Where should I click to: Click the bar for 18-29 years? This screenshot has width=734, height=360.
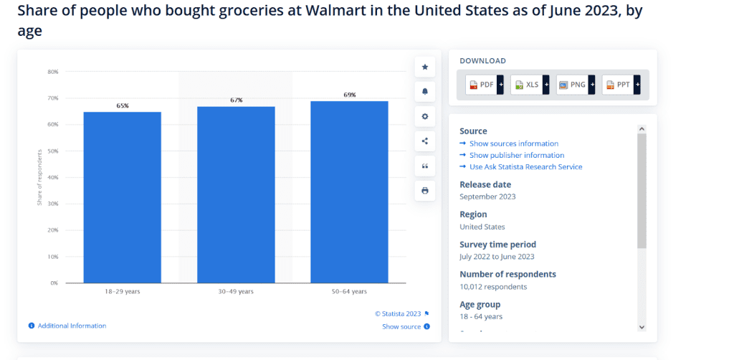point(122,197)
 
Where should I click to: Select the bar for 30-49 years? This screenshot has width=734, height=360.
point(236,194)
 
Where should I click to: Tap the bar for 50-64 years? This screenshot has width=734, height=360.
point(349,191)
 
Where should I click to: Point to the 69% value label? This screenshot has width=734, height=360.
point(349,95)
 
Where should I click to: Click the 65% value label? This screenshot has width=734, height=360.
point(123,105)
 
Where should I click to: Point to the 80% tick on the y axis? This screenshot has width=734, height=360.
point(52,72)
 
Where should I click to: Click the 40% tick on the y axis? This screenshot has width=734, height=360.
point(52,177)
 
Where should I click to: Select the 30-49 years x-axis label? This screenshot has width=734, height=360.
point(236,292)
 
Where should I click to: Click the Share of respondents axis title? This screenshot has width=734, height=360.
point(39,177)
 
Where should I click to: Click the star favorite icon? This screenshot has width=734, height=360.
point(425,67)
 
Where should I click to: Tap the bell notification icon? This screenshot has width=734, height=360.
point(425,92)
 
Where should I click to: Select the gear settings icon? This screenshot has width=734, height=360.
point(425,116)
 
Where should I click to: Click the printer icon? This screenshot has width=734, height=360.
point(425,191)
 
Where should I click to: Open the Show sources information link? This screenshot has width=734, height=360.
point(513,143)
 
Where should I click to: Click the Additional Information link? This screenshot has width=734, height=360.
point(72,326)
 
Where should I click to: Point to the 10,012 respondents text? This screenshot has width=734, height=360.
point(493,287)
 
